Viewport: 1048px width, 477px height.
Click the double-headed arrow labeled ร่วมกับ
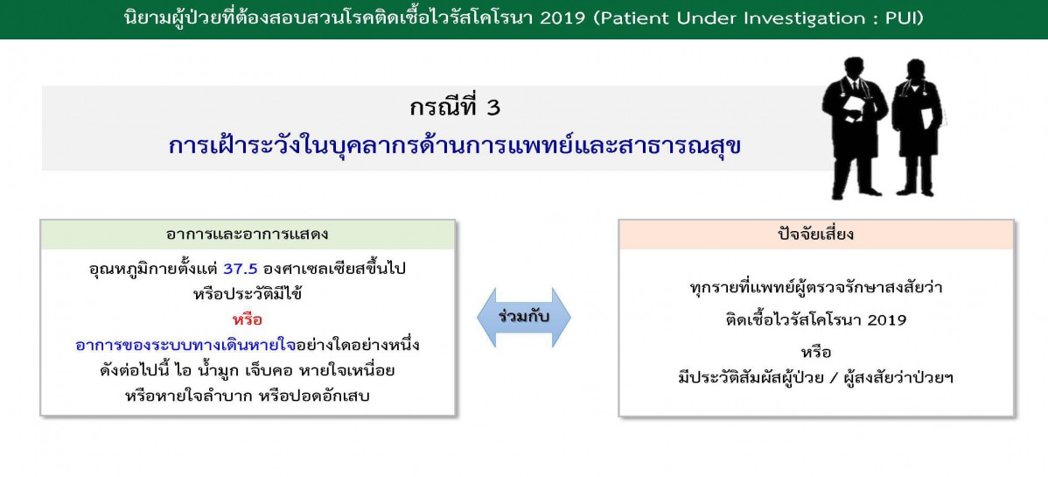(524, 317)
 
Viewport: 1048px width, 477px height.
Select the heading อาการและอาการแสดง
(248, 235)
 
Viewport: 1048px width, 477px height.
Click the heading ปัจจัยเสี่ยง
(816, 235)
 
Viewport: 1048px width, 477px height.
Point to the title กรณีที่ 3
(455, 108)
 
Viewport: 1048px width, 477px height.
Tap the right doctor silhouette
(916, 128)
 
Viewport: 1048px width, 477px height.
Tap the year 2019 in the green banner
(564, 18)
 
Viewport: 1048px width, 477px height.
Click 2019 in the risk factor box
(886, 319)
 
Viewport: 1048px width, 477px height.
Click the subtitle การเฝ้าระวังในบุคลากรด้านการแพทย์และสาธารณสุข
(455, 146)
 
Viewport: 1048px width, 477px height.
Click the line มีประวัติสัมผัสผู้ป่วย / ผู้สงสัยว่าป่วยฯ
(815, 376)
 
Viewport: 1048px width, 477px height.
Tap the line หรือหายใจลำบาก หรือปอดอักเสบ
(248, 396)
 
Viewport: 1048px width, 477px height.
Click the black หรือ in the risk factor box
(815, 352)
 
